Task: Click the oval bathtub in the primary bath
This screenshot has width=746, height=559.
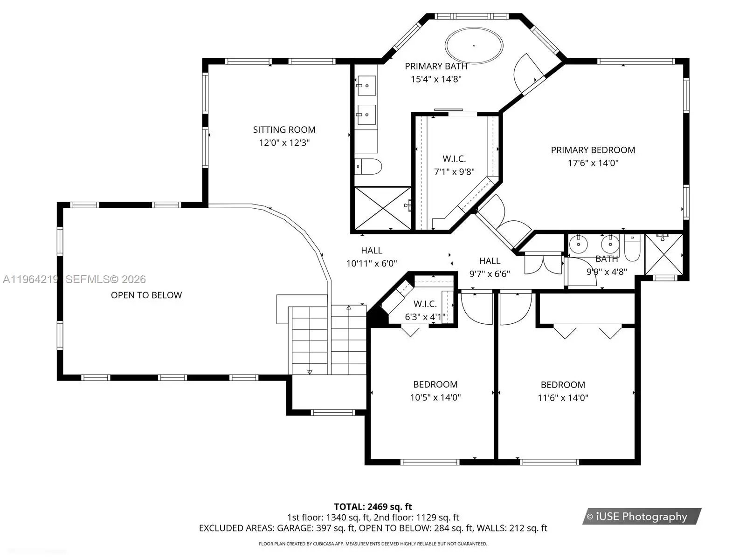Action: coord(474,46)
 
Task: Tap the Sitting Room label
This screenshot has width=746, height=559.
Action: coord(284,130)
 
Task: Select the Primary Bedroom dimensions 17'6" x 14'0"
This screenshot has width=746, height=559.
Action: coord(593,163)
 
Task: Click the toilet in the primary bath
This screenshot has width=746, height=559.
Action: coord(368,167)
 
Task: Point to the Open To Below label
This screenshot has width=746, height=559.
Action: coord(146,295)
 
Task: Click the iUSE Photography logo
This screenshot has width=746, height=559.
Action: coord(642,516)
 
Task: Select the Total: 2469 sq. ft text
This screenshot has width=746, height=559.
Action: coord(373,507)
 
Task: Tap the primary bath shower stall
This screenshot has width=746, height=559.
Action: coord(383,208)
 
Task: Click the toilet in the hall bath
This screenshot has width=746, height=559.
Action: coord(632,247)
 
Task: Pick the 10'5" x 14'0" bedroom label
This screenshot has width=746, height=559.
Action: coord(435,391)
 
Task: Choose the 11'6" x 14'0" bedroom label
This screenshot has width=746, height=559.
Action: coord(563,391)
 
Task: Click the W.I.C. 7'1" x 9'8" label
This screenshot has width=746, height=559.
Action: coord(455,165)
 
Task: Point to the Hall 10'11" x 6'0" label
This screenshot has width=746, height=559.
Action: coord(372,257)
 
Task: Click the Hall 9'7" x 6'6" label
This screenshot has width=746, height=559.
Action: coord(490,267)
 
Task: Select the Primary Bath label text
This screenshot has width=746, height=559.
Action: coord(436,66)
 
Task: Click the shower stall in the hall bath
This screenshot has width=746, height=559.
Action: coord(664,254)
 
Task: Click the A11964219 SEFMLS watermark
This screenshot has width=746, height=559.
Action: coord(75,279)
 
